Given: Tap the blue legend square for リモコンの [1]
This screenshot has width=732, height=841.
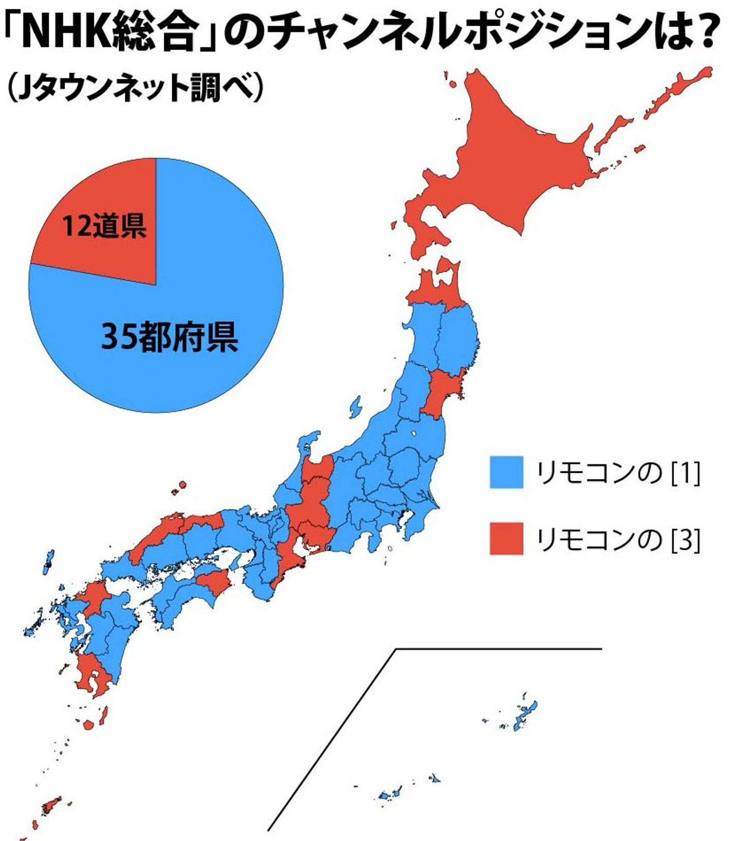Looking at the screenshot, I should (506, 472).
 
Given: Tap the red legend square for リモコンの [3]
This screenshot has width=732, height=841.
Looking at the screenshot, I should (506, 538).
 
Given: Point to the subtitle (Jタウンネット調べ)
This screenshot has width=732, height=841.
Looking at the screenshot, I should (135, 87).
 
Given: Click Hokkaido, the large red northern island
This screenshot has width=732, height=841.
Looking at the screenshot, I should (508, 163).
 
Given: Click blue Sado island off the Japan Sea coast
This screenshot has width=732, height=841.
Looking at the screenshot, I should (355, 407).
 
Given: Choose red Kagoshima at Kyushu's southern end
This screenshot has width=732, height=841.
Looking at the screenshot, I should (94, 676).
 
